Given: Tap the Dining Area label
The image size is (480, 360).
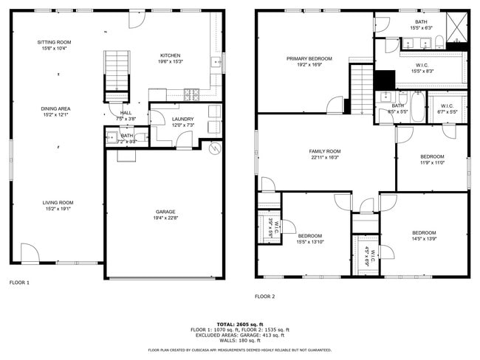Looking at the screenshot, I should (x=56, y=108).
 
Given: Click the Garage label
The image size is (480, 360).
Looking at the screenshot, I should (x=165, y=212).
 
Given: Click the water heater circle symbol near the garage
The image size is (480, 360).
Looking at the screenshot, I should (x=215, y=149).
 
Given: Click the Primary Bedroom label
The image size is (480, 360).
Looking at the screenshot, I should (x=309, y=58).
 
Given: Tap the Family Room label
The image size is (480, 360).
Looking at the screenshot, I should (x=325, y=151).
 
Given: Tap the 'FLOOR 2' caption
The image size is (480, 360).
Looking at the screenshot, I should (x=264, y=297).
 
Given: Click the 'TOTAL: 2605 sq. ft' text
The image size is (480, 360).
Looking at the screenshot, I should (x=239, y=324).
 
